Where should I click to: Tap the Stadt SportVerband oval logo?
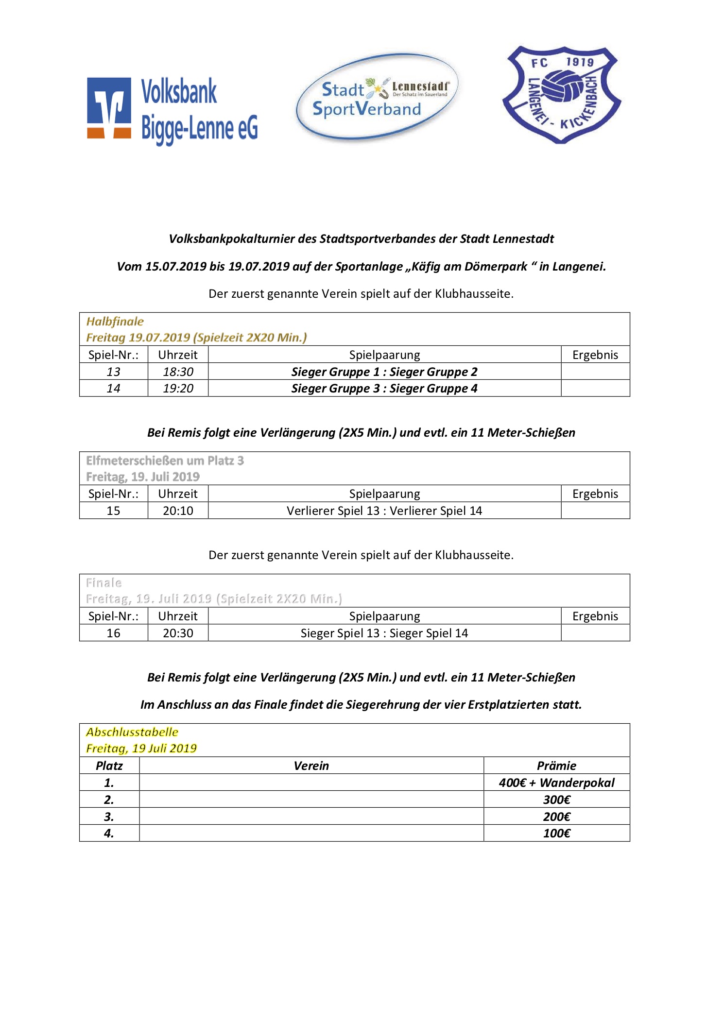tap(377, 98)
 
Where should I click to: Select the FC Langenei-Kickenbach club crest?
tap(562, 95)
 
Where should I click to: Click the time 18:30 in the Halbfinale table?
tap(178, 372)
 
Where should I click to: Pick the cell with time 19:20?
tap(178, 388)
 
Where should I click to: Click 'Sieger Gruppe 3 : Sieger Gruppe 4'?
tap(384, 388)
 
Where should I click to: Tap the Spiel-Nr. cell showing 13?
tap(113, 372)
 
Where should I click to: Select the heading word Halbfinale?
tap(115, 321)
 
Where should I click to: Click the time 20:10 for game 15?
tap(178, 511)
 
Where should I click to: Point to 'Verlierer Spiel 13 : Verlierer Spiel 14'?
tap(384, 511)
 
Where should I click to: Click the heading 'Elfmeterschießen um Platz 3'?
tap(165, 460)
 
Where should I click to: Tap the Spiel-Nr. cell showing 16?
tap(113, 633)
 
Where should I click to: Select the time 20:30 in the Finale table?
tap(178, 633)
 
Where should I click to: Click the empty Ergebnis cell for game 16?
tap(595, 633)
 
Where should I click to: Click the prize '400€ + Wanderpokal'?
tap(556, 783)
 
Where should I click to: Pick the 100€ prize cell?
tap(556, 833)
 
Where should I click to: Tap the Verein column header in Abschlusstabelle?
tap(311, 766)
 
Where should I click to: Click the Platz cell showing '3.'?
tap(109, 817)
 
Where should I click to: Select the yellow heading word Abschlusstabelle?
tap(132, 732)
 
